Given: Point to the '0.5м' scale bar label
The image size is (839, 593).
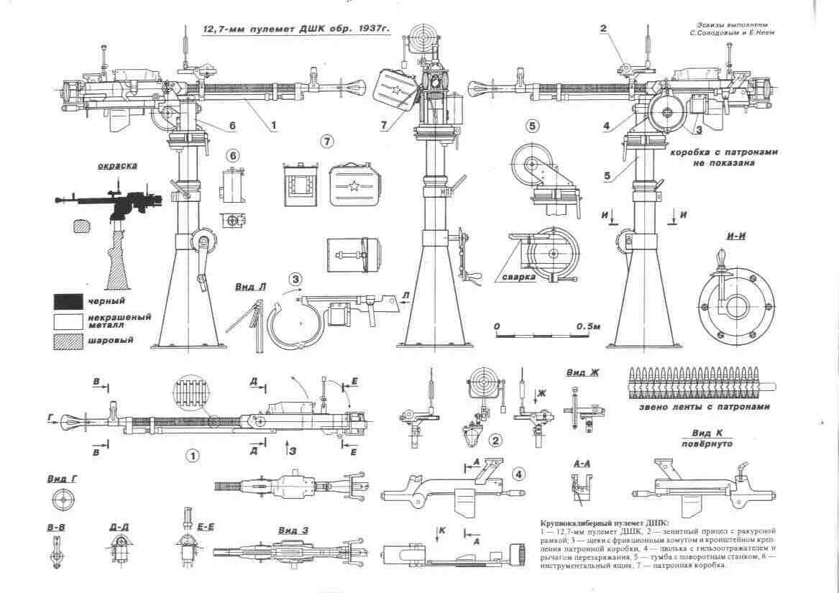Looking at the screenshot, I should (588, 326).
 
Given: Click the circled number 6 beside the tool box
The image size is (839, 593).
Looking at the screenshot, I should (232, 155).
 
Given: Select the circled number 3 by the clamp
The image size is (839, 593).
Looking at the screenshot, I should (295, 278).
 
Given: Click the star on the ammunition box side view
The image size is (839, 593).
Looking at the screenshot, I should (354, 188).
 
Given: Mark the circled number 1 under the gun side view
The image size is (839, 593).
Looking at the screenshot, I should (191, 455).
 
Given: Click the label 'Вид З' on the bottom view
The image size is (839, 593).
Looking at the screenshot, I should (293, 530).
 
